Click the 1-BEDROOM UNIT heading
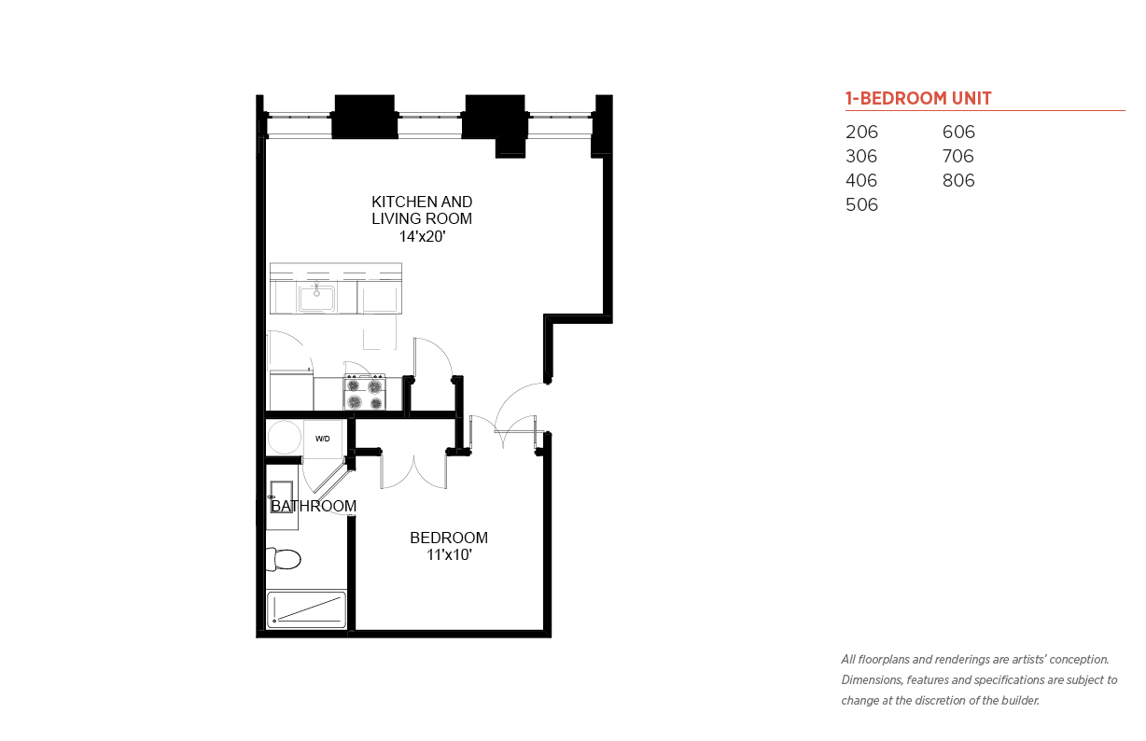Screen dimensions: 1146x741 pyautogui.click(x=918, y=98)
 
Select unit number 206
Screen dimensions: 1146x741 pyautogui.click(x=861, y=132)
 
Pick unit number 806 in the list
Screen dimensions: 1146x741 pyautogui.click(x=958, y=181)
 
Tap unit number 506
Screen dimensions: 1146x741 pyautogui.click(x=861, y=205)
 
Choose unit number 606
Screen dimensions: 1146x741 pyautogui.click(x=958, y=132)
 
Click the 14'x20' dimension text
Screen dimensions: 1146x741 pyautogui.click(x=422, y=236)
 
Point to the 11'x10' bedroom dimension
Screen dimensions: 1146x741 pyautogui.click(x=449, y=554)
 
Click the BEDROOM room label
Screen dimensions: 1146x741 pyautogui.click(x=449, y=538)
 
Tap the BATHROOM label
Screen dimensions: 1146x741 pyautogui.click(x=314, y=506)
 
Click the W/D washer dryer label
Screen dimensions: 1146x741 pyautogui.click(x=322, y=439)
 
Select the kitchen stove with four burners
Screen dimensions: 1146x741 pyautogui.click(x=365, y=393)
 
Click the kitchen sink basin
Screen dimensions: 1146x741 pyautogui.click(x=316, y=299)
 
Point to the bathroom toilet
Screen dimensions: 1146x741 pyautogui.click(x=283, y=559)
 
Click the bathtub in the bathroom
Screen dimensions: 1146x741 pyautogui.click(x=306, y=609)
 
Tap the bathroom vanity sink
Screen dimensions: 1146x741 pyautogui.click(x=281, y=496)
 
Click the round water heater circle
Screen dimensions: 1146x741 pyautogui.click(x=284, y=438)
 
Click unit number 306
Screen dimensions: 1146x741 pyautogui.click(x=861, y=156)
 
